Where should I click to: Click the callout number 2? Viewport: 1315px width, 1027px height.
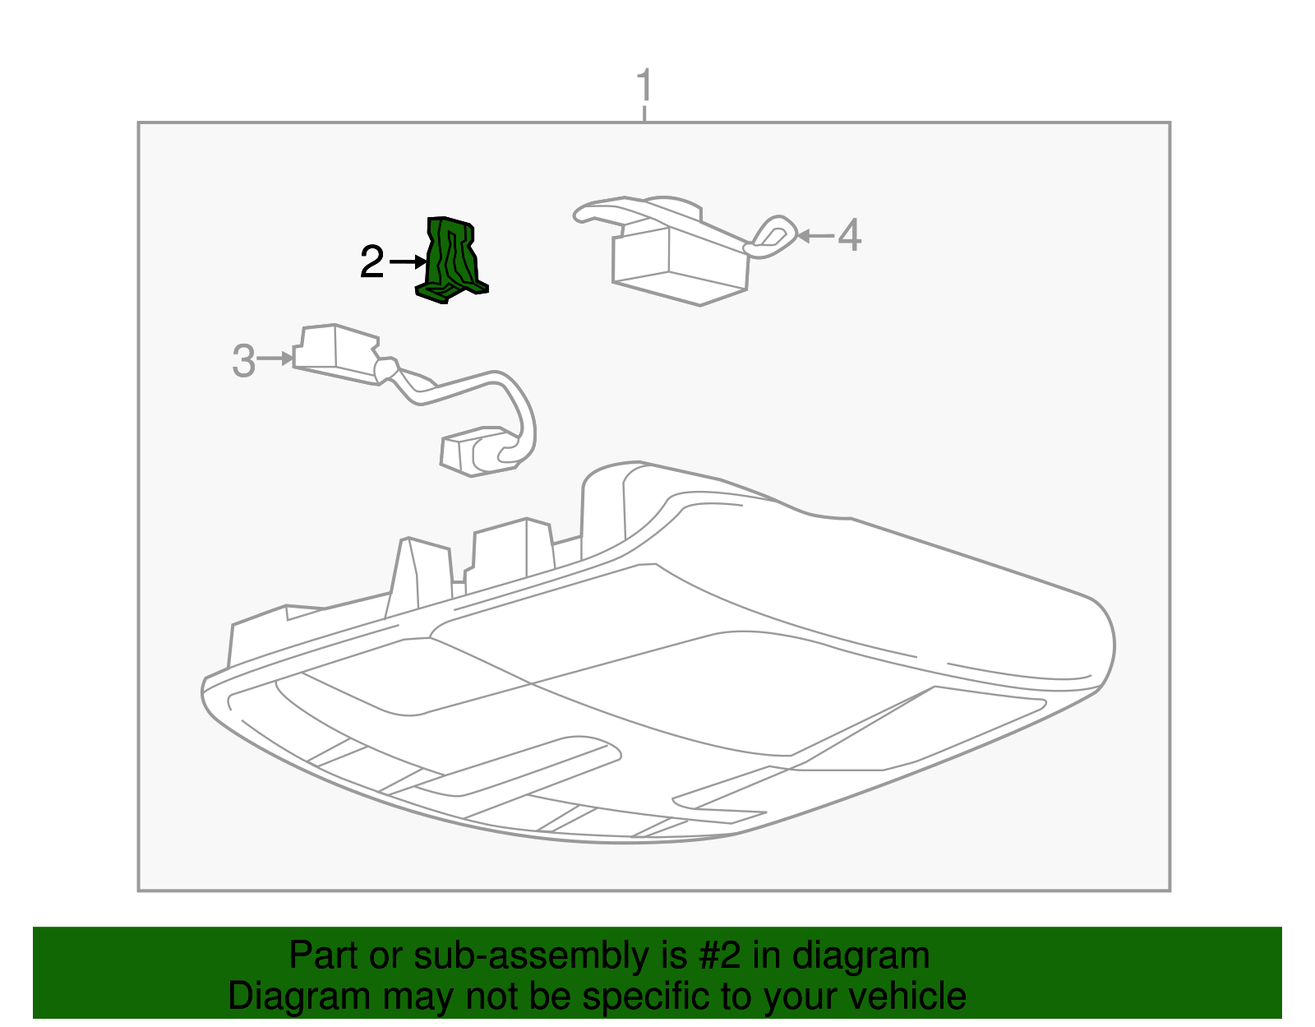pyautogui.click(x=372, y=262)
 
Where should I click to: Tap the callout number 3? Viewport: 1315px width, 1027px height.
pyautogui.click(x=243, y=361)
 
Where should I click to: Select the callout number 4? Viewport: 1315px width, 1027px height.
pyautogui.click(x=849, y=236)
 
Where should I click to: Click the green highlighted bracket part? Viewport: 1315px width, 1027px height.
pyautogui.click(x=451, y=259)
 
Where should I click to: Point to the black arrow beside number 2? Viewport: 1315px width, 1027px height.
pyautogui.click(x=408, y=262)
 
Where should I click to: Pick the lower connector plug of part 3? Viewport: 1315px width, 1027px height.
pyautogui.click(x=473, y=452)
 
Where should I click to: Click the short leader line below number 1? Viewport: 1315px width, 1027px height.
pyautogui.click(x=645, y=113)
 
